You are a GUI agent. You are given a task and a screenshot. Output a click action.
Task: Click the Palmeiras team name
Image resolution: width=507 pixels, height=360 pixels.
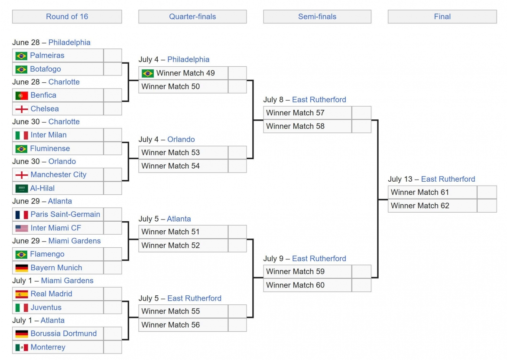tap(47, 56)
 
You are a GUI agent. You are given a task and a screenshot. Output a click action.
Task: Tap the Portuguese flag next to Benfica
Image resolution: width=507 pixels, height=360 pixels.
tap(22, 95)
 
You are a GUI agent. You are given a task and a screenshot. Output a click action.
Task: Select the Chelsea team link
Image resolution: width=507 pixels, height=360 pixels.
tap(45, 109)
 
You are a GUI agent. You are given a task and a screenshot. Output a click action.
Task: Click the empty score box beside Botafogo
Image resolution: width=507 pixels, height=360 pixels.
tap(113, 69)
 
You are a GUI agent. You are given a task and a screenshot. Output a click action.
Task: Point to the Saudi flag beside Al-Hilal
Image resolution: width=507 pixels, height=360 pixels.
tap(22, 188)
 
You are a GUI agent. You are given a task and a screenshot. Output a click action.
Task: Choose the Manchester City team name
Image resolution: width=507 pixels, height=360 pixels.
tap(58, 175)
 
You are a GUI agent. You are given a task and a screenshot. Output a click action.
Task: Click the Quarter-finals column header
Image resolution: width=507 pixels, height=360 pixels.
tap(192, 16)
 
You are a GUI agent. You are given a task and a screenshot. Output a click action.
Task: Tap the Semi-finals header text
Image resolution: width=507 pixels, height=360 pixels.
tap(317, 16)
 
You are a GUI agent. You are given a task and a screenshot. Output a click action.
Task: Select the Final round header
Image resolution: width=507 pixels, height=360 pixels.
tap(442, 16)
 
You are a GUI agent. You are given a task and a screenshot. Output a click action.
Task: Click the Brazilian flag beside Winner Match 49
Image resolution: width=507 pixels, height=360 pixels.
tap(148, 73)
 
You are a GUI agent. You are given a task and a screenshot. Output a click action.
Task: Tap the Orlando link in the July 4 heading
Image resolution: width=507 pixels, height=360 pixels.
tap(181, 140)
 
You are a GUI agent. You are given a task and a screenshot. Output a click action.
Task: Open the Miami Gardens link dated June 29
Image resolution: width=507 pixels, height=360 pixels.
tap(75, 241)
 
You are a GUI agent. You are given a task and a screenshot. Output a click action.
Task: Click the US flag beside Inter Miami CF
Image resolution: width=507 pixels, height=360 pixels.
tap(22, 228)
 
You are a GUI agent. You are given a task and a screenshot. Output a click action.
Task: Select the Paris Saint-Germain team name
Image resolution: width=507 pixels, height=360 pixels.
tap(65, 214)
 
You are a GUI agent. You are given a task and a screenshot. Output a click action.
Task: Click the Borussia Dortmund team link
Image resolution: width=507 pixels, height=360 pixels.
tap(63, 334)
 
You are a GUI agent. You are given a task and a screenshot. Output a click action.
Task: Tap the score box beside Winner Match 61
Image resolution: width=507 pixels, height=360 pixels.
tap(487, 192)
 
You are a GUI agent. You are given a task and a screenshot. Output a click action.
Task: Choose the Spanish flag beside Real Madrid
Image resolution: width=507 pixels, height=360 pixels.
tap(22, 294)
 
